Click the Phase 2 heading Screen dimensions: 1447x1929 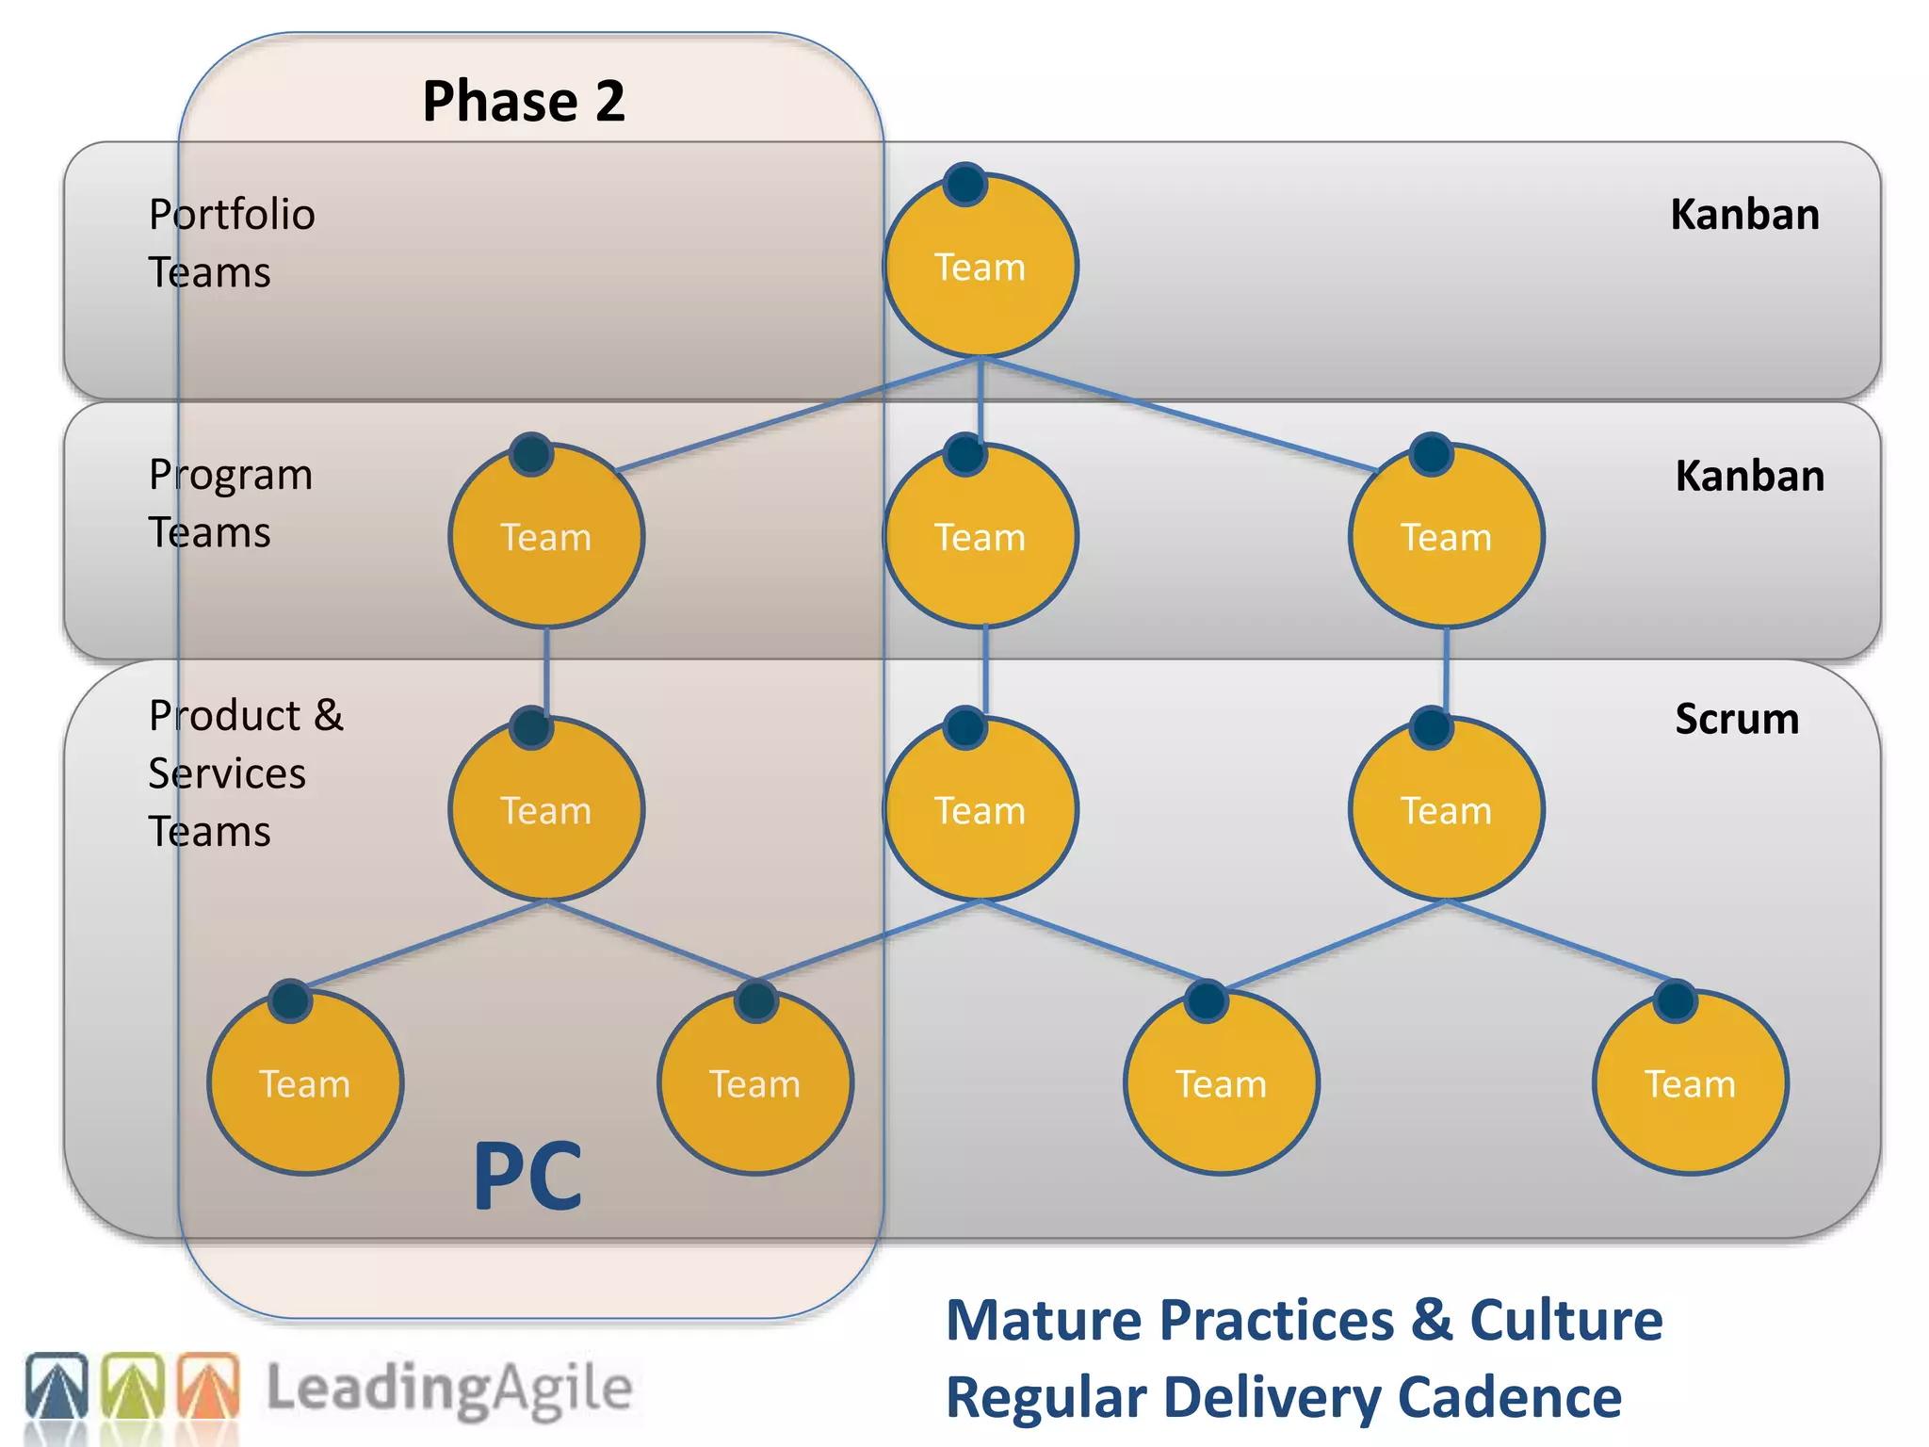tap(523, 101)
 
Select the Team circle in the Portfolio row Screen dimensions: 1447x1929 tap(980, 268)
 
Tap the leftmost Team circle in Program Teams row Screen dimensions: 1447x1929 tap(546, 537)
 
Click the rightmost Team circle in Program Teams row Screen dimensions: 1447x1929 tap(1446, 537)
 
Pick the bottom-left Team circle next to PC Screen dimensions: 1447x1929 tap(305, 1083)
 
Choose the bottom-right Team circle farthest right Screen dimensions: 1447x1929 tap(1690, 1083)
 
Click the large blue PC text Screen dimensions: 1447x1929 tap(527, 1176)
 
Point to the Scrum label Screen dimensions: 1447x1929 tap(1736, 719)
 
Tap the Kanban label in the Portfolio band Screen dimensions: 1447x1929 tap(1744, 215)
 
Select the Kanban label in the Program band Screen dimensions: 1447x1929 tap(1749, 476)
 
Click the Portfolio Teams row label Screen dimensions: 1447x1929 tap(232, 243)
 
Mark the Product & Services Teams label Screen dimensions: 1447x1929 tap(245, 772)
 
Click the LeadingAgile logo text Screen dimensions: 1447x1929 tap(449, 1389)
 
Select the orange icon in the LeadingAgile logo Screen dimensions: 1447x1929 tap(208, 1386)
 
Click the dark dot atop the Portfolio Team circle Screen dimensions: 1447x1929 tap(965, 184)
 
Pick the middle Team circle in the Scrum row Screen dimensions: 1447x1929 tap(980, 810)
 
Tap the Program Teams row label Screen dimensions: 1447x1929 tap(230, 503)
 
